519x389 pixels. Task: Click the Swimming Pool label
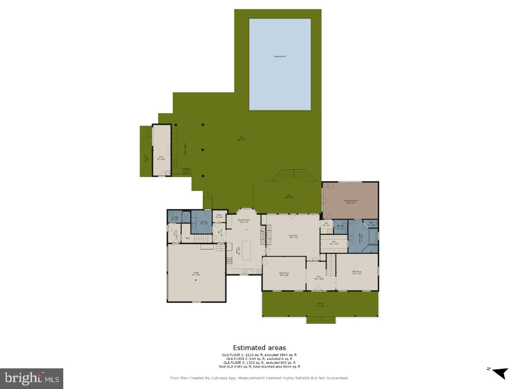[x=280, y=56]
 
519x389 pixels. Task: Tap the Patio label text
[x=241, y=139]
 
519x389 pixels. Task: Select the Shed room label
[x=161, y=158]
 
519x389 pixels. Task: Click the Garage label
[x=196, y=274]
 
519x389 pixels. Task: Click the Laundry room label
[x=204, y=222]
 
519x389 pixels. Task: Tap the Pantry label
[x=219, y=216]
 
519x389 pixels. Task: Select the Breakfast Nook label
[x=244, y=220]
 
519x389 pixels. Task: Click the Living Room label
[x=293, y=236]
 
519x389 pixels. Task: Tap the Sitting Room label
[x=357, y=272]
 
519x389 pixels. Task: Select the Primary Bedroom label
[x=350, y=201]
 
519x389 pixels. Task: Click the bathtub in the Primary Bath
[x=372, y=236]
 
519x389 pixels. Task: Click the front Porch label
[x=320, y=305]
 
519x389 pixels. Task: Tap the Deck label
[x=289, y=197]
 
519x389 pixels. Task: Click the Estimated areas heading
[x=259, y=348]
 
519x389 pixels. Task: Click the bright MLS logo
[x=31, y=378]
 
